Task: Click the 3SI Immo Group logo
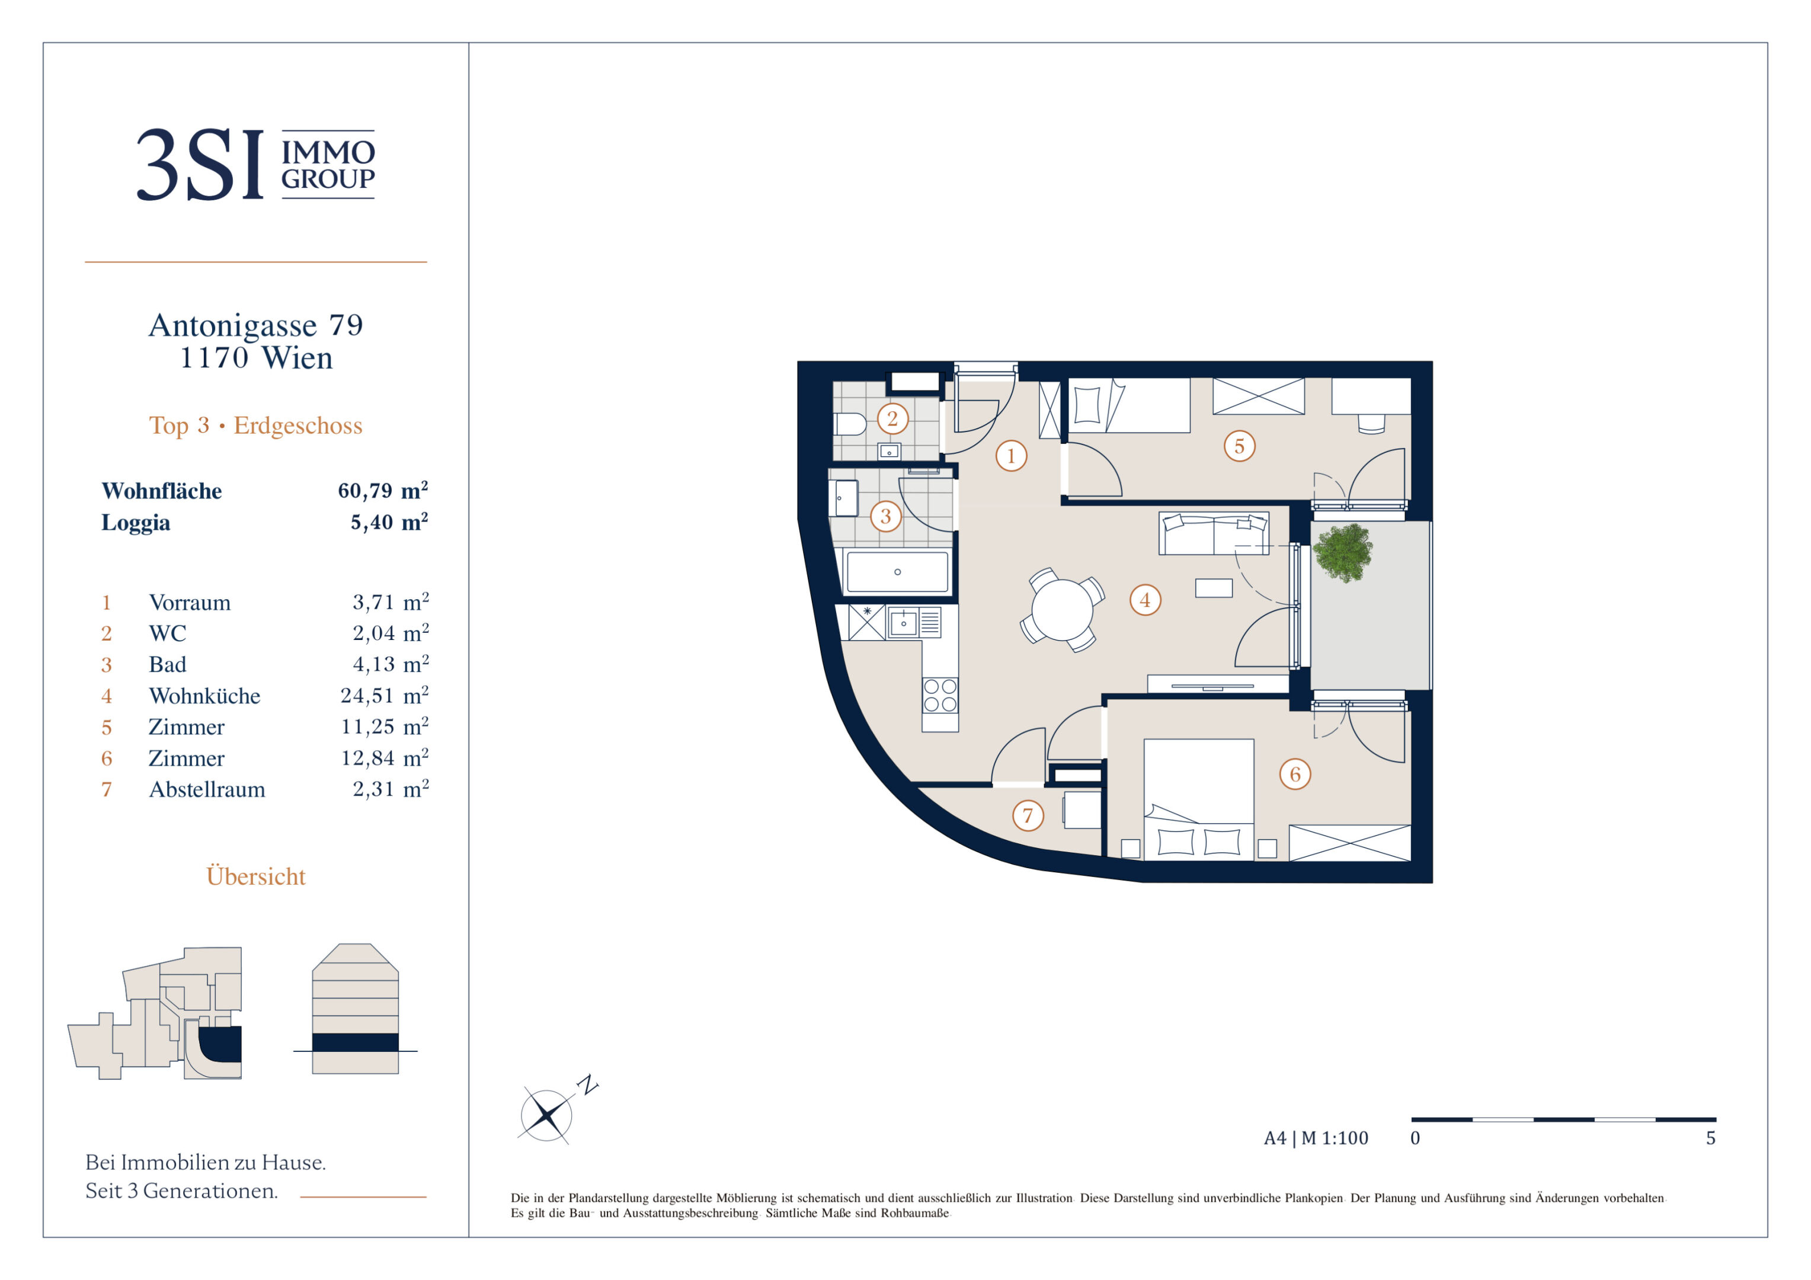coord(255,164)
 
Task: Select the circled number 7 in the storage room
coord(1028,815)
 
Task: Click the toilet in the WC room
coord(849,424)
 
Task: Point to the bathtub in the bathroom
coord(897,572)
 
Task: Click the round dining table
coord(1062,610)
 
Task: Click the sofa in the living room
coord(1214,533)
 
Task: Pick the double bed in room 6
coord(1199,799)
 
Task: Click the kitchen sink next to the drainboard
coord(903,623)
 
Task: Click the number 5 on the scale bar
coord(1710,1138)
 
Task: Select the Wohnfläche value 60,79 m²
coord(383,491)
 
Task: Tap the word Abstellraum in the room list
coord(207,789)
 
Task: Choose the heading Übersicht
coord(255,876)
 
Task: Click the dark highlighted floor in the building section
coord(355,1042)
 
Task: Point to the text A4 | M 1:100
coord(1316,1138)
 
